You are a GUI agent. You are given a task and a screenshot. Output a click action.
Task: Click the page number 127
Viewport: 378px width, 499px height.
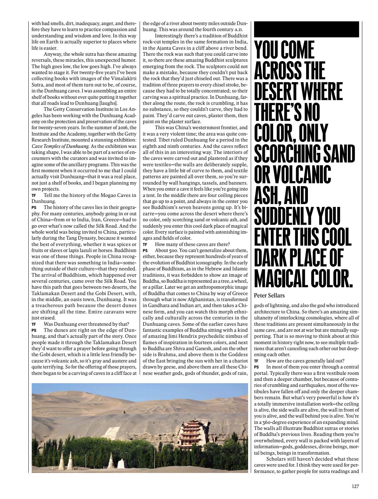tap(355, 486)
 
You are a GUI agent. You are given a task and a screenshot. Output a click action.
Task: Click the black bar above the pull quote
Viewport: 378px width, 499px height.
tap(307, 29)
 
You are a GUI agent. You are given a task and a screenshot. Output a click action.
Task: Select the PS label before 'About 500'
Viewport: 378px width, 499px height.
tap(145, 250)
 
